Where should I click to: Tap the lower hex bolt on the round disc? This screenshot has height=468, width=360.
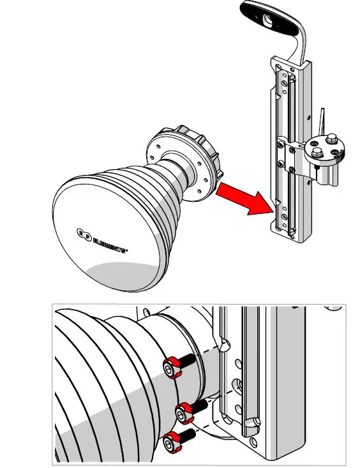click(x=316, y=152)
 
